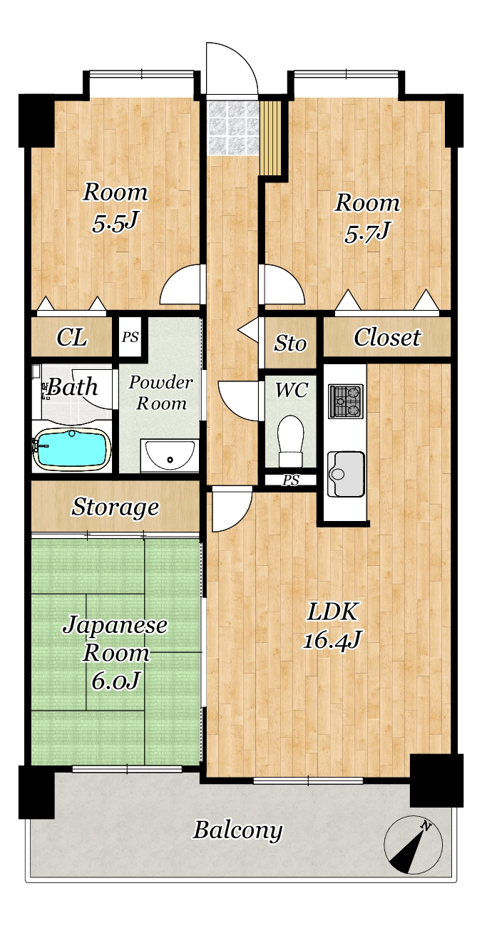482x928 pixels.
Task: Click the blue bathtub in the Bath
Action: [73, 449]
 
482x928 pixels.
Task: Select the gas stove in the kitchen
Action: [346, 401]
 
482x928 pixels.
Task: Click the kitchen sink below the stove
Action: [346, 474]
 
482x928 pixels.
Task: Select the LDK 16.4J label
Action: [332, 625]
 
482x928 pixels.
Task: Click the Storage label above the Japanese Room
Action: [116, 507]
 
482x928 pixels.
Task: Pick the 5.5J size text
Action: [114, 224]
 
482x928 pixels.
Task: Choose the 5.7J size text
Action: [366, 234]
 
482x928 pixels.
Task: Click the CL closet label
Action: [72, 337]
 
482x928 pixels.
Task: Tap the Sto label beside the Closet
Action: [290, 344]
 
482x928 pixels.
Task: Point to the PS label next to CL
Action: [130, 337]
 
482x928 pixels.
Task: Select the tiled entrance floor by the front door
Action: [232, 128]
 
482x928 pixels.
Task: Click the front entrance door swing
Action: [232, 68]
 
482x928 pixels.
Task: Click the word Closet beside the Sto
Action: [387, 337]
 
